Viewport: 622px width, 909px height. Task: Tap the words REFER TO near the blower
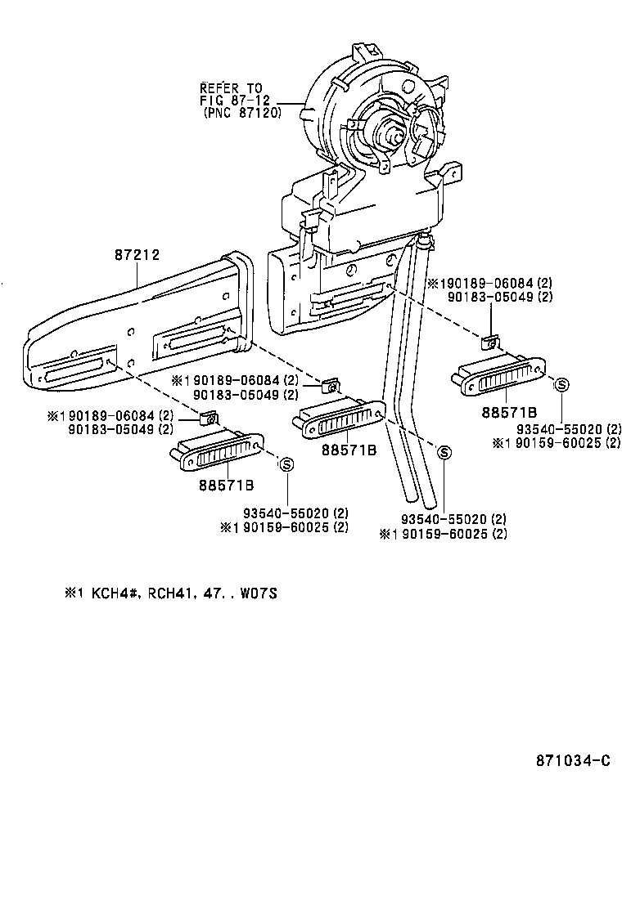231,87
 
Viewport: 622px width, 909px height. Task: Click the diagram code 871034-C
573,760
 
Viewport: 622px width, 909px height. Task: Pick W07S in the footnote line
259,593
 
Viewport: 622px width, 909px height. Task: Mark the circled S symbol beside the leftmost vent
287,463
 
